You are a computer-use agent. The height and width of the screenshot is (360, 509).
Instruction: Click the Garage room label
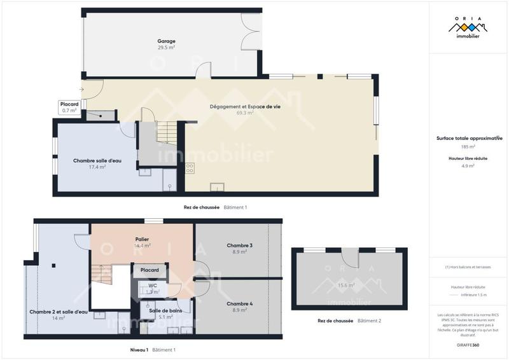167,41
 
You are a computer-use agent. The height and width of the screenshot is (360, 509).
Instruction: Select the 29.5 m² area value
167,48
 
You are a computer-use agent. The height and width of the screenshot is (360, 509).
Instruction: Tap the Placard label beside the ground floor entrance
69,104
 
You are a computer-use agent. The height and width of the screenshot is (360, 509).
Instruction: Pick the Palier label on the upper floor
142,239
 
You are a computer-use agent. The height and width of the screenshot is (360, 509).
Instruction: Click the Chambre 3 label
240,246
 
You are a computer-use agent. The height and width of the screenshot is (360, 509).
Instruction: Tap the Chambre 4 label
240,304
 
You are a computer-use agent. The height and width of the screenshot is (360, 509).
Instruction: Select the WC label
153,286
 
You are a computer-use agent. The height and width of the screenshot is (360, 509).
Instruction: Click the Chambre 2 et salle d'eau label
58,312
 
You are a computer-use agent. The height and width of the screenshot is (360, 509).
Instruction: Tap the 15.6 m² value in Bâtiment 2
346,286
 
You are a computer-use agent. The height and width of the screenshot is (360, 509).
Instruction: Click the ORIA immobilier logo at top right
468,29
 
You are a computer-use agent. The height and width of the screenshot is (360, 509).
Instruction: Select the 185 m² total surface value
468,147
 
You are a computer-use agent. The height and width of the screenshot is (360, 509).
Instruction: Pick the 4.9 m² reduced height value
468,165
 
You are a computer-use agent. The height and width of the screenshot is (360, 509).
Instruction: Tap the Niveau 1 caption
138,350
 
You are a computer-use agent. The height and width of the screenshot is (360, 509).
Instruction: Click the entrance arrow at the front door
81,90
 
